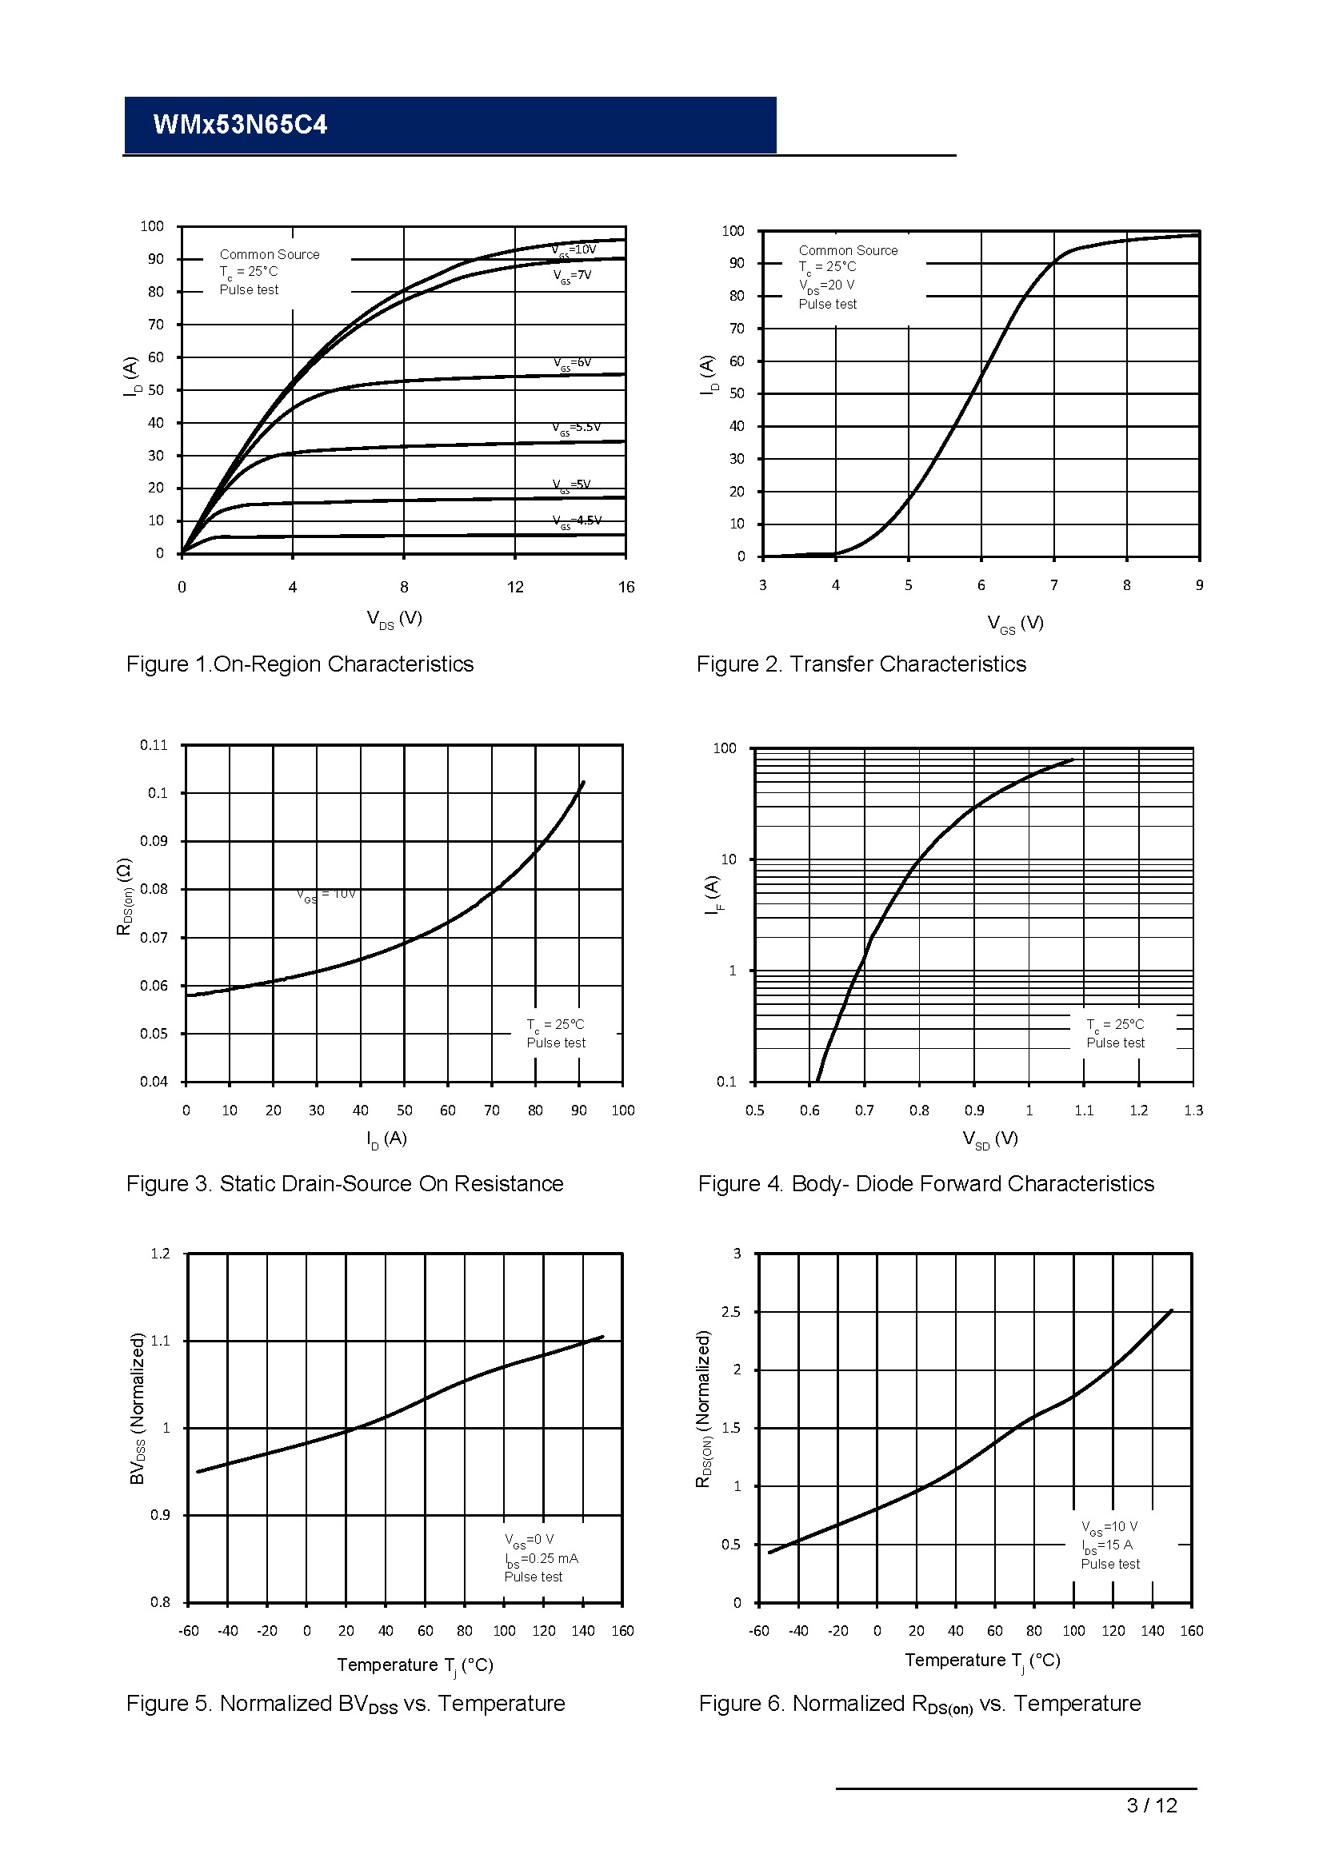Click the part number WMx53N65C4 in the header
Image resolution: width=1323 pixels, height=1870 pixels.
pyautogui.click(x=240, y=125)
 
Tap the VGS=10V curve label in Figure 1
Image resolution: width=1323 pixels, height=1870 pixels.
pyautogui.click(x=574, y=250)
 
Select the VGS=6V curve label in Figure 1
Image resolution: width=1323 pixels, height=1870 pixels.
pyautogui.click(x=572, y=363)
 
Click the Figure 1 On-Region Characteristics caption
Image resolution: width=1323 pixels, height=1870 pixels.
pyautogui.click(x=300, y=664)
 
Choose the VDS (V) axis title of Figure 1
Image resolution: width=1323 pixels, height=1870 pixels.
pyautogui.click(x=394, y=619)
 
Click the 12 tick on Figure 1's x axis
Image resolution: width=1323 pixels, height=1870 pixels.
pyautogui.click(x=515, y=588)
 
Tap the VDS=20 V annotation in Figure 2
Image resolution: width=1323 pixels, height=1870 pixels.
pyautogui.click(x=826, y=286)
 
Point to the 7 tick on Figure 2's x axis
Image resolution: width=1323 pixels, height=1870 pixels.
pyautogui.click(x=1054, y=585)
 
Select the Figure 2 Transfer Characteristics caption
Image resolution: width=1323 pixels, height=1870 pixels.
pyautogui.click(x=861, y=664)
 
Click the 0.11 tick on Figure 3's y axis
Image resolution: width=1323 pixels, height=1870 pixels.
pyautogui.click(x=153, y=745)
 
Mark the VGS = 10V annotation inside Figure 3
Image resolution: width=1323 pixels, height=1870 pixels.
pyautogui.click(x=326, y=895)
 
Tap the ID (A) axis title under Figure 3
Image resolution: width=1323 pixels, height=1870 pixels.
pyautogui.click(x=386, y=1138)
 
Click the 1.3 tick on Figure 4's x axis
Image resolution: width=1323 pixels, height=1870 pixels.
pyautogui.click(x=1193, y=1111)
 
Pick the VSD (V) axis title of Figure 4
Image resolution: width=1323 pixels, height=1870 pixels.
pyautogui.click(x=989, y=1139)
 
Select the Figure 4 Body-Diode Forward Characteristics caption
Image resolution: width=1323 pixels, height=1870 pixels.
pyautogui.click(x=926, y=1184)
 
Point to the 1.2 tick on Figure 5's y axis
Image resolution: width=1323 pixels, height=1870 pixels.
pyautogui.click(x=160, y=1254)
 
